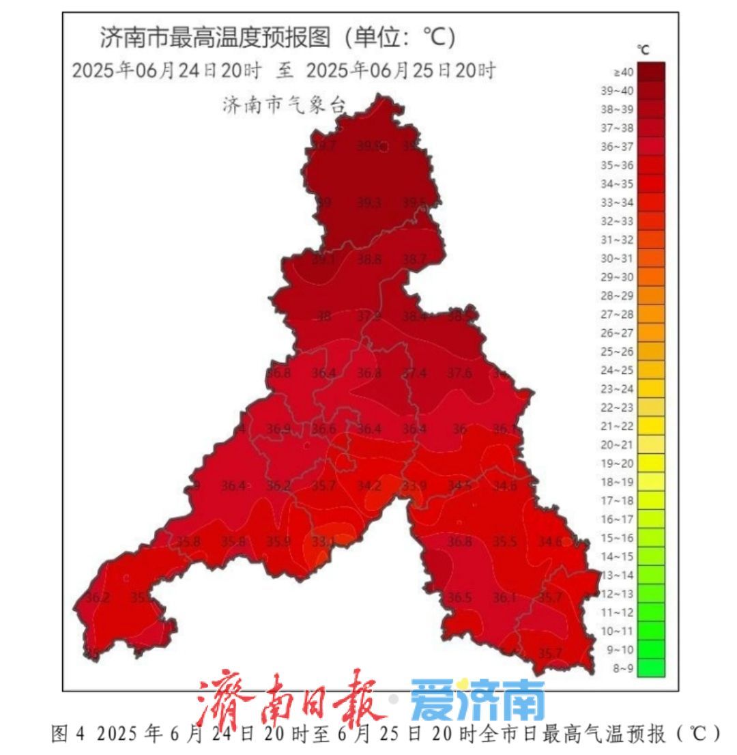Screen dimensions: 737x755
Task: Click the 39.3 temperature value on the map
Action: (x=369, y=202)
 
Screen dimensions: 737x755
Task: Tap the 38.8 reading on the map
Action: (x=369, y=259)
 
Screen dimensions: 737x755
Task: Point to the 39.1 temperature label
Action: (x=323, y=259)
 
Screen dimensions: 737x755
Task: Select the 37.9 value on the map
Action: (x=369, y=316)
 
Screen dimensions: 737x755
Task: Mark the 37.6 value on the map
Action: (x=459, y=373)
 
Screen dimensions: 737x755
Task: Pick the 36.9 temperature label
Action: (x=278, y=429)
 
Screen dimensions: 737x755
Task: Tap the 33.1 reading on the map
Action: (x=323, y=542)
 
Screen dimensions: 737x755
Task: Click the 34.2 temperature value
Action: (x=369, y=485)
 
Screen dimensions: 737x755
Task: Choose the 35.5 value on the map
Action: (x=505, y=541)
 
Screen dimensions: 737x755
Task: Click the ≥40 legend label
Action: (x=624, y=72)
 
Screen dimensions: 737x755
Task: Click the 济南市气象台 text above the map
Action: (x=285, y=104)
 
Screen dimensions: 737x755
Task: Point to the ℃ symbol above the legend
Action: (x=643, y=49)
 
